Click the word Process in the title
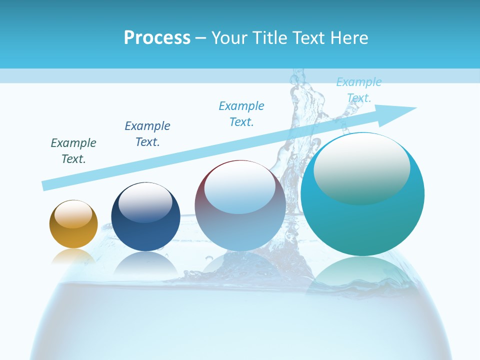click(157, 38)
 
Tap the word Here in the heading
click(348, 38)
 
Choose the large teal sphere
click(362, 225)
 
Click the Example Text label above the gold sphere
click(73, 151)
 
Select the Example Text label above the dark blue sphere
click(147, 134)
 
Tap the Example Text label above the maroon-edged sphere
click(241, 114)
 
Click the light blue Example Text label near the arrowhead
click(359, 90)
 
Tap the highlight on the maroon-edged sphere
click(240, 187)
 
